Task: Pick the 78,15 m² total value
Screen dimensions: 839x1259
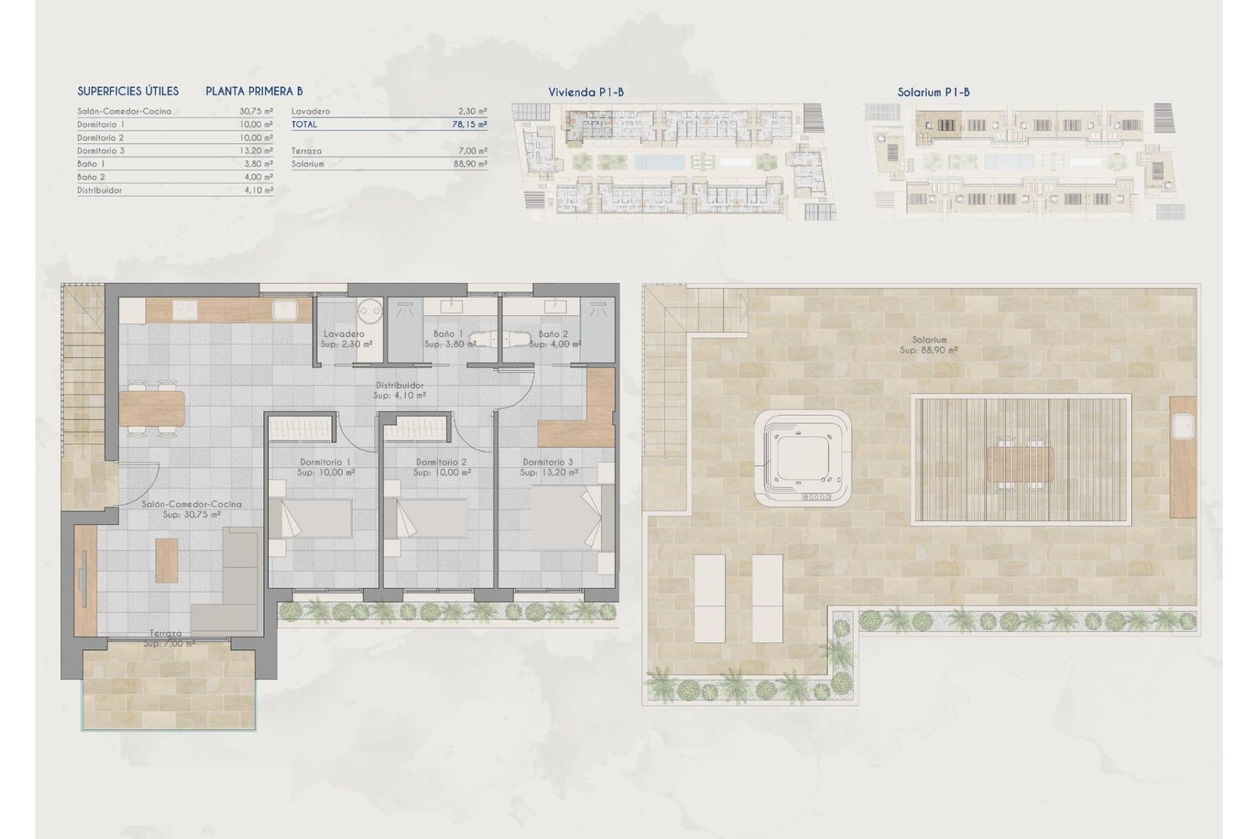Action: [469, 125]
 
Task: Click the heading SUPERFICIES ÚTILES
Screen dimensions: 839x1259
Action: [128, 92]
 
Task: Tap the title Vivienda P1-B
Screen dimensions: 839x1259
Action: [586, 92]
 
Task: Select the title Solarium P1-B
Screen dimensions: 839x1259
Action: [933, 92]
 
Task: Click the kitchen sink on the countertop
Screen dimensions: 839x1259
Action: [286, 309]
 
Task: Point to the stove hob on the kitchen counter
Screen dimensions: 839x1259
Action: [186, 309]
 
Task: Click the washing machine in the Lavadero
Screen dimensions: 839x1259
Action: [369, 307]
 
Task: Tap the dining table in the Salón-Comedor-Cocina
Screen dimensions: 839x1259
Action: [151, 407]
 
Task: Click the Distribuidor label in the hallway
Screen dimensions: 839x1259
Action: [399, 385]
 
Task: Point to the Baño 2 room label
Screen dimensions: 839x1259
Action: [553, 334]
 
